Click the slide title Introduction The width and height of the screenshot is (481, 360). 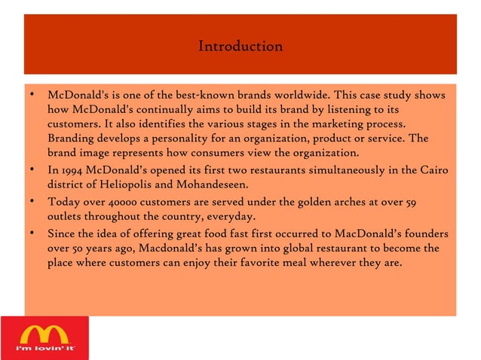(x=240, y=47)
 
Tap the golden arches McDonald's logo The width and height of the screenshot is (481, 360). (x=44, y=332)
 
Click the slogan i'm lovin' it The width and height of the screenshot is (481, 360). (x=44, y=350)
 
